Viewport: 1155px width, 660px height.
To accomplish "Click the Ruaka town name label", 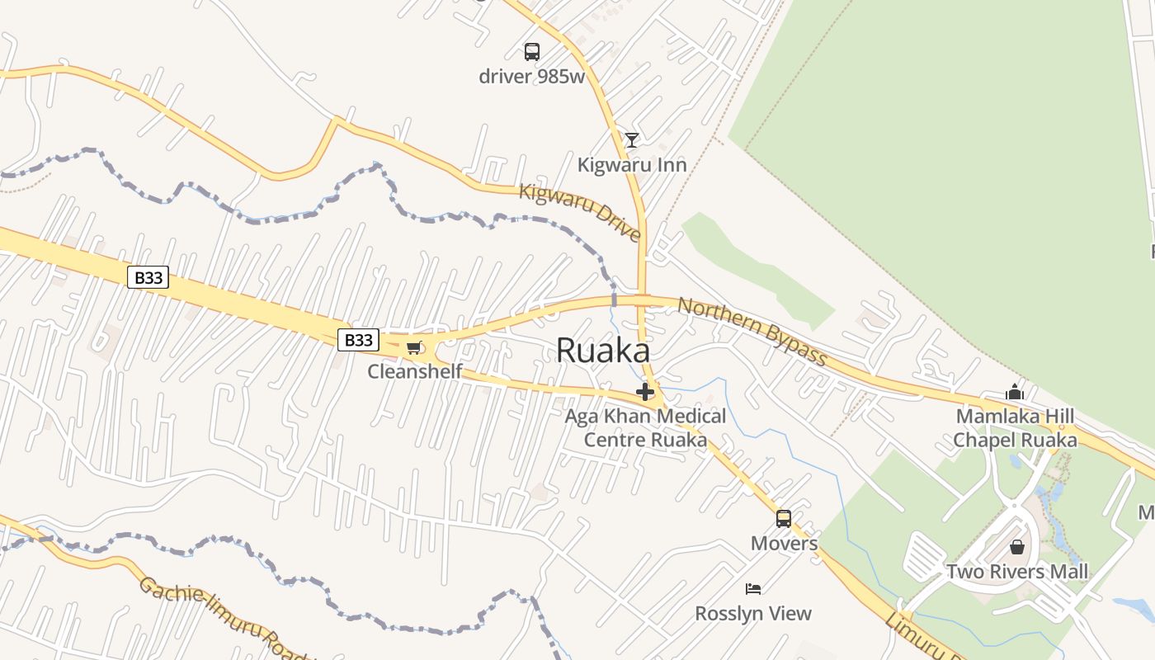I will tap(602, 351).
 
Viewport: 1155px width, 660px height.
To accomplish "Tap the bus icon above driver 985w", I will tap(532, 52).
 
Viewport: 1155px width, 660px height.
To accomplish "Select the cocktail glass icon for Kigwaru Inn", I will tap(632, 140).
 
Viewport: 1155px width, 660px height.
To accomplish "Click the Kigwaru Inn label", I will tap(632, 165).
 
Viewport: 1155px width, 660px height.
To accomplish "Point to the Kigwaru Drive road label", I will tap(580, 213).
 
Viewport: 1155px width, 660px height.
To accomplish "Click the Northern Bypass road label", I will tap(752, 331).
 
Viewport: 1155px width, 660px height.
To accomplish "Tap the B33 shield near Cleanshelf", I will tap(358, 340).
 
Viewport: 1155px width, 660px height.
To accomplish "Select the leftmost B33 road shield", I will tap(148, 278).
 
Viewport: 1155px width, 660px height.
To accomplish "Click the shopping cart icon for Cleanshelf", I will tap(413, 347).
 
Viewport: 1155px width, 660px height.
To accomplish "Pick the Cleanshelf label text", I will tap(414, 371).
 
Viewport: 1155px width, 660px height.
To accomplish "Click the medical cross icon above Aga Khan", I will tap(645, 392).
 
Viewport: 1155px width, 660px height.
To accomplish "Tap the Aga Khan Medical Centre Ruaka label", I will tap(645, 427).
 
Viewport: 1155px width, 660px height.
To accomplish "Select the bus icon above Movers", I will tap(784, 519).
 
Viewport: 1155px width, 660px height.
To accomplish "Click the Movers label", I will tap(784, 544).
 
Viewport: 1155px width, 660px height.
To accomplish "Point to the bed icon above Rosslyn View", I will tap(753, 589).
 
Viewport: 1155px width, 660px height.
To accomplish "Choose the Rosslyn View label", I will tap(753, 614).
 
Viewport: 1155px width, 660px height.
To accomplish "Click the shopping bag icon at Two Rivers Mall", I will tap(1017, 547).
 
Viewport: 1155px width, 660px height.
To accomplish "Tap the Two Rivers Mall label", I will tap(1017, 572).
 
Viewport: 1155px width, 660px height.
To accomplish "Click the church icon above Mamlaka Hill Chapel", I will tap(1015, 392).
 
